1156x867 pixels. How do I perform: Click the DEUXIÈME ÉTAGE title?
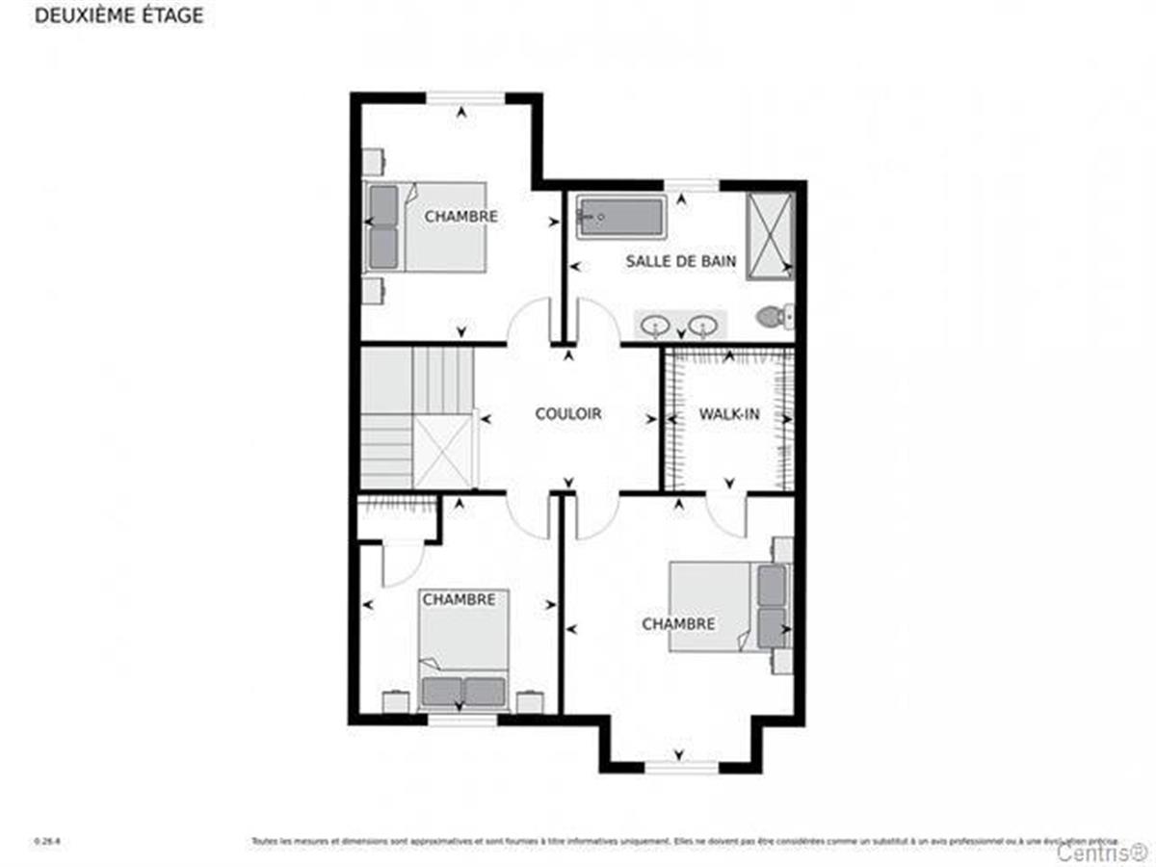pyautogui.click(x=119, y=17)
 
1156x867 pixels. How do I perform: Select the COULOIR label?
pyautogui.click(x=568, y=414)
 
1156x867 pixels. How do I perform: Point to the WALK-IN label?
pyautogui.click(x=729, y=414)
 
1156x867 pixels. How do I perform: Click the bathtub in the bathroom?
pyautogui.click(x=619, y=217)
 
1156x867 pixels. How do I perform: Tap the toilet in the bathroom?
pyautogui.click(x=775, y=315)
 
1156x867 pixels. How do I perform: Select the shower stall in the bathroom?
pyautogui.click(x=770, y=235)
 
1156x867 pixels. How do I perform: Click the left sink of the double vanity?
pyautogui.click(x=656, y=325)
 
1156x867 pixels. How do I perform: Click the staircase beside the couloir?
pyautogui.click(x=417, y=419)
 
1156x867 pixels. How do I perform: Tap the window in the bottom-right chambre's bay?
pyautogui.click(x=681, y=767)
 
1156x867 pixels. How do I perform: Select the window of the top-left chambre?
pyautogui.click(x=465, y=97)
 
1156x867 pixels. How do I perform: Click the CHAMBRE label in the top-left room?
pyautogui.click(x=461, y=217)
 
